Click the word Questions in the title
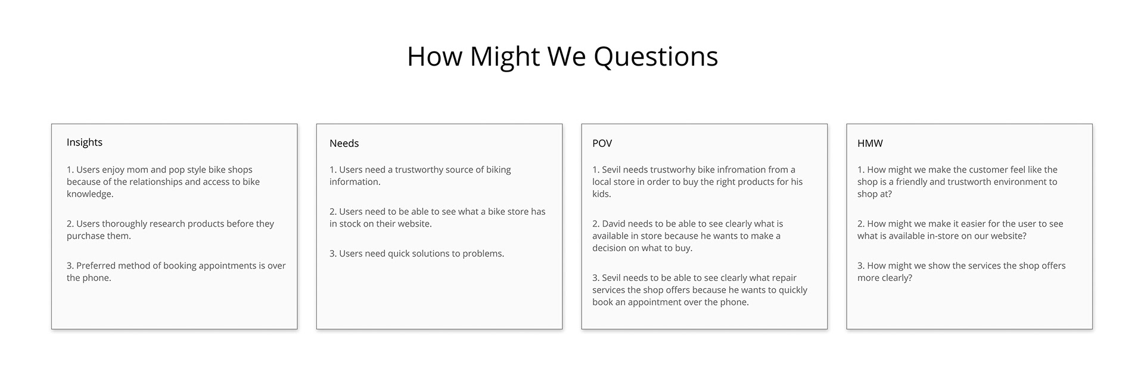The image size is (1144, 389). coord(655,57)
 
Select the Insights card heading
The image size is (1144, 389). coord(85,143)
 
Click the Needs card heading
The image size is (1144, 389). coord(344,143)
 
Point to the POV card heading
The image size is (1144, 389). coord(602,143)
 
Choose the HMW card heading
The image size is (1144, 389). coord(870,143)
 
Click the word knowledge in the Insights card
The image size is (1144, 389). coord(90,194)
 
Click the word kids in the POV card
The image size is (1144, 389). coord(602,194)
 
